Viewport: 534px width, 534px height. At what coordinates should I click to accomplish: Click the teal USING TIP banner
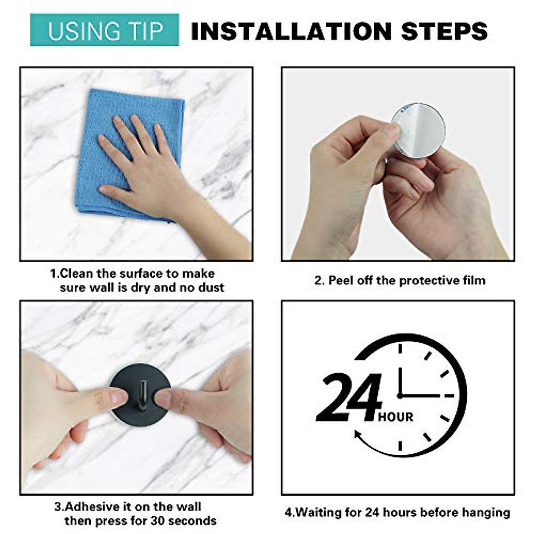tap(105, 30)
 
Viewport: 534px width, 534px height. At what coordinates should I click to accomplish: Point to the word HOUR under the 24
tap(396, 417)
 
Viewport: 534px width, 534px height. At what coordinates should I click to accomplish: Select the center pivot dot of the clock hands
tap(400, 395)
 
